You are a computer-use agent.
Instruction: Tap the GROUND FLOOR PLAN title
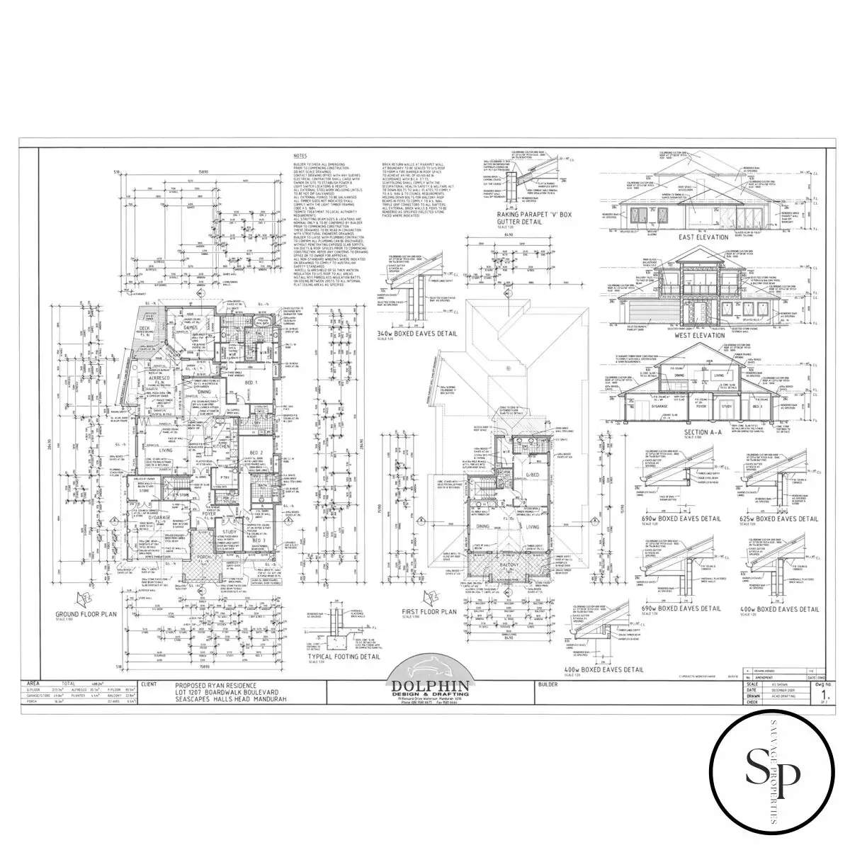tap(85, 614)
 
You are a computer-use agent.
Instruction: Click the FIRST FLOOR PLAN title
tap(429, 611)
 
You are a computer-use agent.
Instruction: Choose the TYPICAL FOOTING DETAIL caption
tap(361, 657)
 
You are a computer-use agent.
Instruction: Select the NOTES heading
tap(300, 156)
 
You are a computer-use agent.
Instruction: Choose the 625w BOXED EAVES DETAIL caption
tap(779, 518)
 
